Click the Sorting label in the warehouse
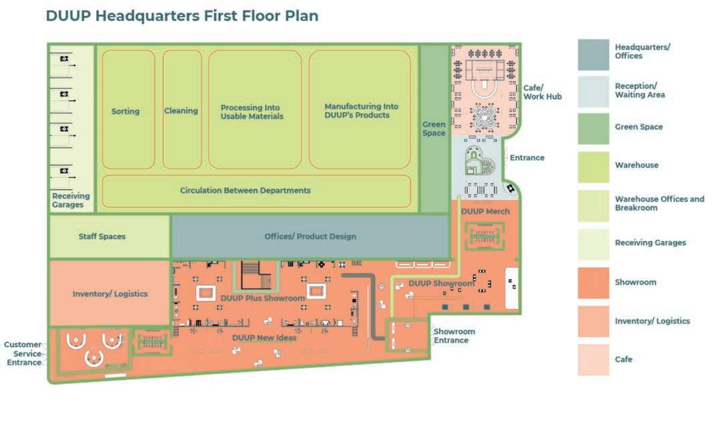point(125,112)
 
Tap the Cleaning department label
point(181,111)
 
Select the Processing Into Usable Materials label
point(252,112)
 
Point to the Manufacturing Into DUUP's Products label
point(361,111)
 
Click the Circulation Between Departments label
point(245,190)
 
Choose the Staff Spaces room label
point(102,236)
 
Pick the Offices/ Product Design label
point(310,236)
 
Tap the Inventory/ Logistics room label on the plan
point(110,294)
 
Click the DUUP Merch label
point(485,212)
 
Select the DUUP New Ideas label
point(264,338)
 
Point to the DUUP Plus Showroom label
point(263,298)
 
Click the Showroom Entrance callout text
point(454,336)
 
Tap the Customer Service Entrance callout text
point(24,354)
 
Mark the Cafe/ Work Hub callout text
point(542,92)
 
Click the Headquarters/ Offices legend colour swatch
point(593,54)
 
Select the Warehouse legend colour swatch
point(593,167)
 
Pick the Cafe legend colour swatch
point(593,359)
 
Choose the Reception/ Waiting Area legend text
point(639,90)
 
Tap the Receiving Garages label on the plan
point(71,200)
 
